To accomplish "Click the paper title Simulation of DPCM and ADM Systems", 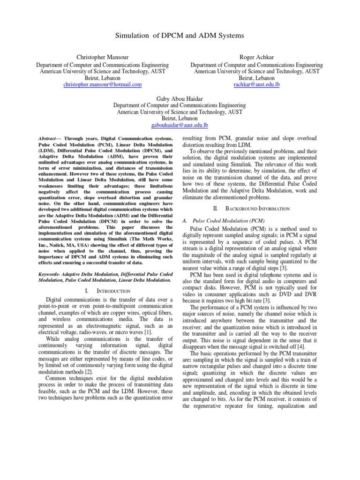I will (x=180, y=36).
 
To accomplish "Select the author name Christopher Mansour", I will (x=103, y=57).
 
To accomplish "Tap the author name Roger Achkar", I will (x=256, y=57).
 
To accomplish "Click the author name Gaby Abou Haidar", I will (x=180, y=98).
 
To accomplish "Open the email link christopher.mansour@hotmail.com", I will (x=103, y=84).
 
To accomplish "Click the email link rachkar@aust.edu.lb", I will (x=256, y=84).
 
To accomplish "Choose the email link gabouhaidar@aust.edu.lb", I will (x=180, y=126).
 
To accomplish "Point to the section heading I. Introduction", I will (x=107, y=291).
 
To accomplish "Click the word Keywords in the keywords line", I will (x=49, y=273).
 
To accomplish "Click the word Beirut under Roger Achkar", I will (x=247, y=78).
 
